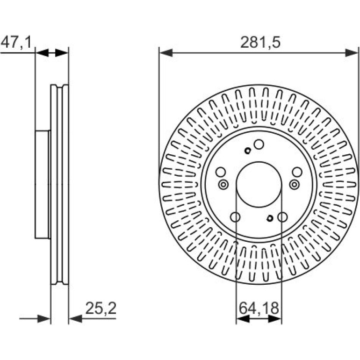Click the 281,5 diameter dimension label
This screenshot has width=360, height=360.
pyautogui.click(x=260, y=43)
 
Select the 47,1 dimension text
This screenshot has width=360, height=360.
pyautogui.click(x=16, y=43)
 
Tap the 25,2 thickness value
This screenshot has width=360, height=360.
pyautogui.click(x=101, y=308)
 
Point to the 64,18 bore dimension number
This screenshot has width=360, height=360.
pyautogui.click(x=259, y=308)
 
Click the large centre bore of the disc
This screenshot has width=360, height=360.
pyautogui.click(x=259, y=184)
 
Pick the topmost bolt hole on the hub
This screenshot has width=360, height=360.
pyautogui.click(x=259, y=144)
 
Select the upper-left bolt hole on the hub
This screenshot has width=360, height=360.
pyautogui.click(x=221, y=172)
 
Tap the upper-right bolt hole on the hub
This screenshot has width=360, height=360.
pyautogui.click(x=297, y=172)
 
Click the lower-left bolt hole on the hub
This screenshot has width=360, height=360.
pyautogui.click(x=235, y=217)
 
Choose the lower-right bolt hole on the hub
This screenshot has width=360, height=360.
pyautogui.click(x=282, y=217)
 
